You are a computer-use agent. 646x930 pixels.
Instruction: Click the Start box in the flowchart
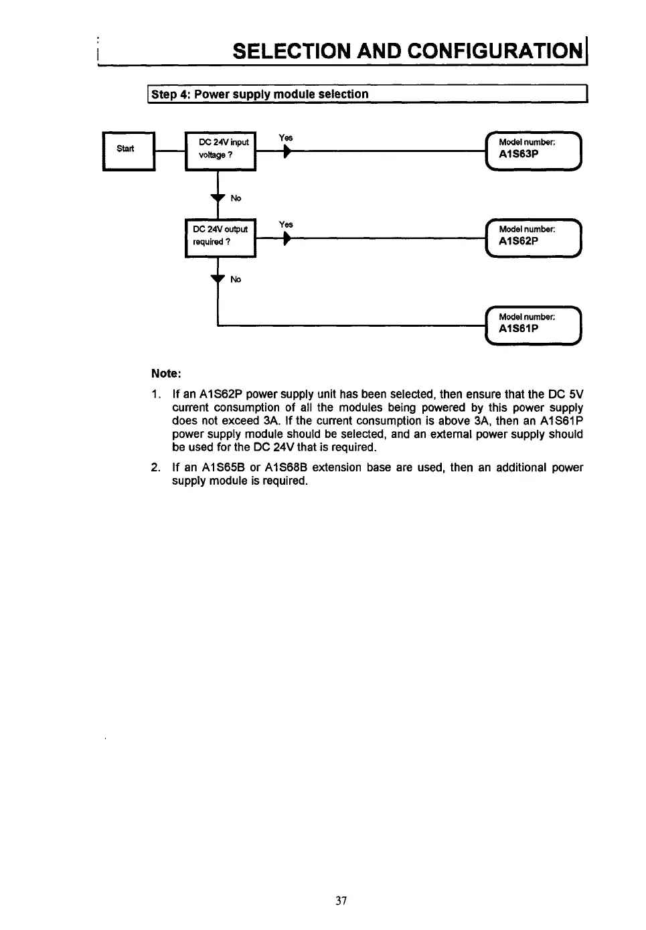pyautogui.click(x=128, y=151)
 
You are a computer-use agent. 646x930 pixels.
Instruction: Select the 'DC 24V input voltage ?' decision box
pyautogui.click(x=220, y=151)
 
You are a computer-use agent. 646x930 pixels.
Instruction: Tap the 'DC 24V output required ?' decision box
pyautogui.click(x=220, y=238)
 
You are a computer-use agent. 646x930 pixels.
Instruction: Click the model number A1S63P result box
pyautogui.click(x=534, y=151)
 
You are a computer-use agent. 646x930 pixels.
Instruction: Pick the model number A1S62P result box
pyautogui.click(x=534, y=238)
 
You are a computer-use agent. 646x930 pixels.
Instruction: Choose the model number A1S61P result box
pyautogui.click(x=534, y=325)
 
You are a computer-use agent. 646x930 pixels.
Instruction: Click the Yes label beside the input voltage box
pyautogui.click(x=286, y=138)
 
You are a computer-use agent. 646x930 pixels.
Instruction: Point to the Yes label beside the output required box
pyautogui.click(x=286, y=225)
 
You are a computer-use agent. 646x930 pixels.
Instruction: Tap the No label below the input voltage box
pyautogui.click(x=236, y=198)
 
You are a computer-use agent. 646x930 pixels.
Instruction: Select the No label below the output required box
pyautogui.click(x=236, y=279)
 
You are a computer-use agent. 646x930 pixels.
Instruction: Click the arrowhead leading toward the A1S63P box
pyautogui.click(x=287, y=153)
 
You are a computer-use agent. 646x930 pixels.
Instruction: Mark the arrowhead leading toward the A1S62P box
pyautogui.click(x=287, y=240)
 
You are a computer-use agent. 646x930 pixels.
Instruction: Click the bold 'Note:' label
pyautogui.click(x=166, y=373)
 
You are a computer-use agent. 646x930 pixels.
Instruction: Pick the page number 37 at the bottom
pyautogui.click(x=341, y=901)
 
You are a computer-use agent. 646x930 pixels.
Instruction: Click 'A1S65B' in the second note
pyautogui.click(x=222, y=467)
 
